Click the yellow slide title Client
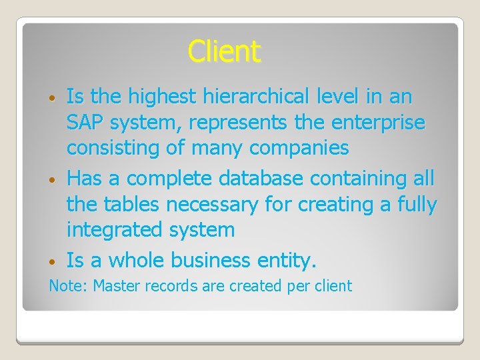click(x=225, y=51)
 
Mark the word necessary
click(x=209, y=205)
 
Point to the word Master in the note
click(x=117, y=286)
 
